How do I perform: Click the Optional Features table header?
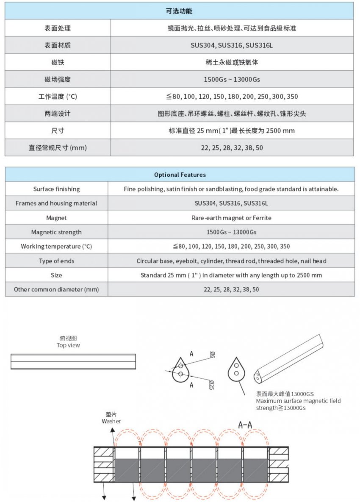tap(180, 175)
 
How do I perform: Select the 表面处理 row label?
tap(58, 28)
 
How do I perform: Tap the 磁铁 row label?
tap(58, 62)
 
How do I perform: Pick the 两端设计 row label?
tap(58, 114)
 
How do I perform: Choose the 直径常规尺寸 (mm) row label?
tap(58, 147)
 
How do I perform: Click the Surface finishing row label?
tap(56, 189)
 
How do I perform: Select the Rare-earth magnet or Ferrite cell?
tap(231, 218)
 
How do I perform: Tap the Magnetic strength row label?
tap(56, 232)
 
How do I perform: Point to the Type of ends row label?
tap(56, 261)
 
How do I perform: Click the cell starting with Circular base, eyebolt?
tap(231, 261)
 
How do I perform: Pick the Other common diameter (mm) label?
tap(56, 289)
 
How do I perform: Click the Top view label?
tap(68, 345)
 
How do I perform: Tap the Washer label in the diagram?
tap(111, 421)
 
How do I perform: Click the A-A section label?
tap(246, 425)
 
